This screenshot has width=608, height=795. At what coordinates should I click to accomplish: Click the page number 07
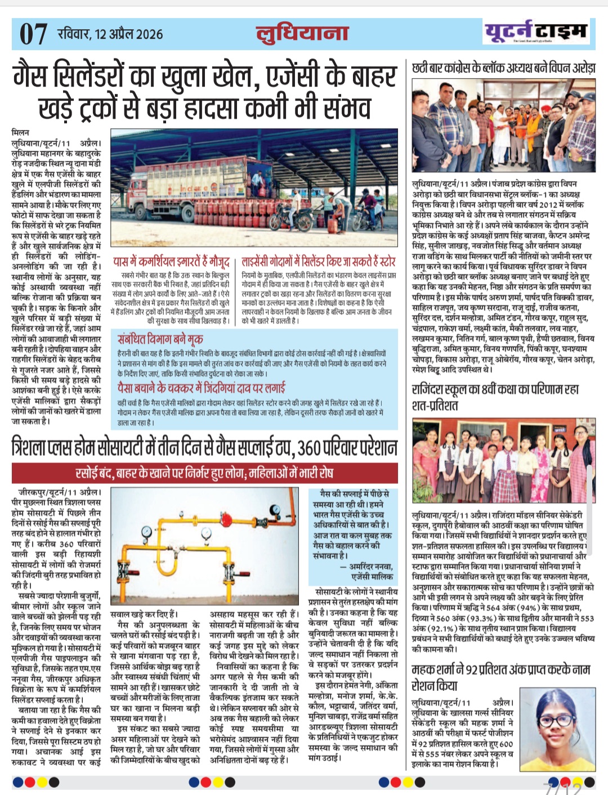point(33,34)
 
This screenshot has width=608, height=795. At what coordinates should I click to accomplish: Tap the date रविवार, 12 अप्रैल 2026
point(110,34)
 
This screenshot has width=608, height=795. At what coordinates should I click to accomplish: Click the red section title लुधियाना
point(302,33)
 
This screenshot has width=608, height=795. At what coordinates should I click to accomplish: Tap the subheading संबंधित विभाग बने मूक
point(160,339)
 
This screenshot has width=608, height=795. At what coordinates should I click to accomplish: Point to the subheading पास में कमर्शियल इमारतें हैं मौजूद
point(171,262)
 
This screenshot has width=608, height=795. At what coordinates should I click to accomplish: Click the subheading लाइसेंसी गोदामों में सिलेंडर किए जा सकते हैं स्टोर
point(319,262)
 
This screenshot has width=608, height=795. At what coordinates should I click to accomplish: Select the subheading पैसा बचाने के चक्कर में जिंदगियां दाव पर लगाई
point(201,388)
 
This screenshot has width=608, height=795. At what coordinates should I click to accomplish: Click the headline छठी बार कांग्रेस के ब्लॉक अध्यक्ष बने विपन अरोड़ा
point(503,68)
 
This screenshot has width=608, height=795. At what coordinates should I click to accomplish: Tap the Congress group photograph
point(503,127)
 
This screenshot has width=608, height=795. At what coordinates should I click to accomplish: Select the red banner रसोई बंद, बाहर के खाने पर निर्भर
point(204,472)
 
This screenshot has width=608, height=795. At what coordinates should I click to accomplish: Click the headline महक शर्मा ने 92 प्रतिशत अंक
point(500,677)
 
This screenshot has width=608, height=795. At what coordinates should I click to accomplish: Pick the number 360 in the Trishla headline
point(309,448)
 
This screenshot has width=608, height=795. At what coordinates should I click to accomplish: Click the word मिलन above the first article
point(20,132)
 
